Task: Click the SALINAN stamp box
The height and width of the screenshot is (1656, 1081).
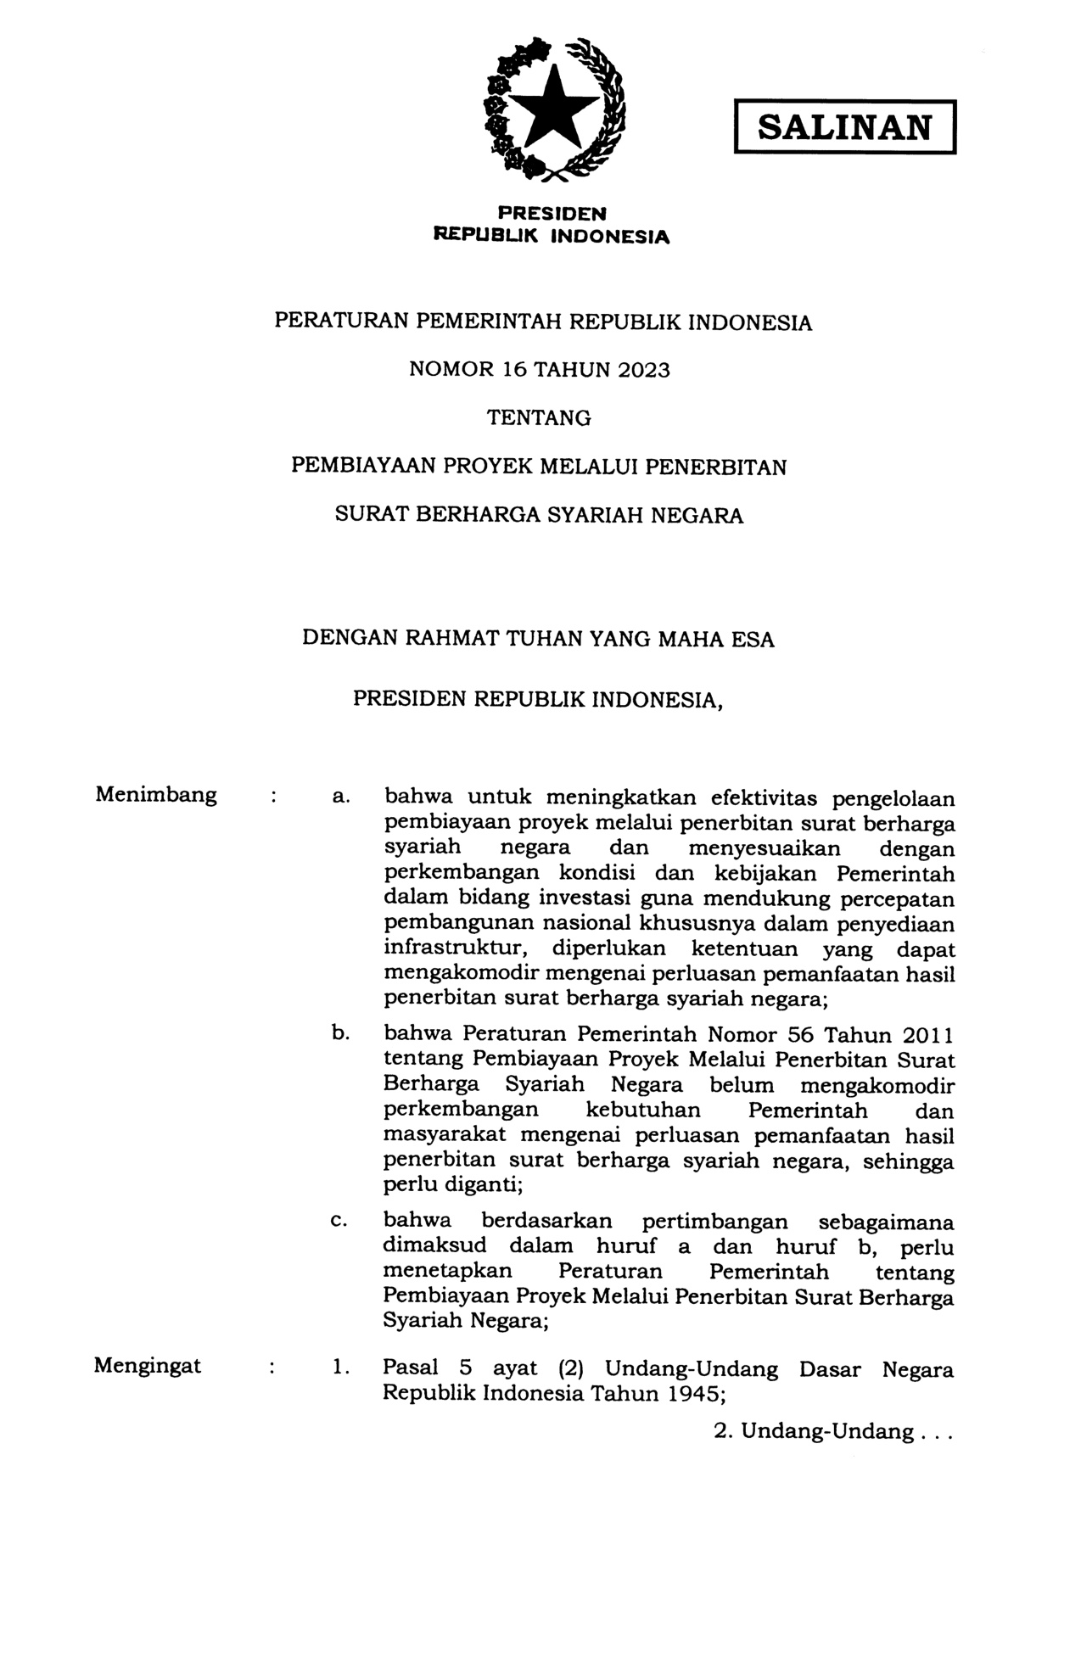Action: (x=844, y=127)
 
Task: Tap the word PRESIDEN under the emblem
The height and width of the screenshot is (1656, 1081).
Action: (x=552, y=214)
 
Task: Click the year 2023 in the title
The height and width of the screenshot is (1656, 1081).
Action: (x=643, y=370)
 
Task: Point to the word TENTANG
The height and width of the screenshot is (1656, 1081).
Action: (x=539, y=418)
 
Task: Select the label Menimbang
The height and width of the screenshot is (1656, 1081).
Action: (x=156, y=795)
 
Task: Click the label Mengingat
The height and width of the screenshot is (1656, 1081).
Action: (x=148, y=1366)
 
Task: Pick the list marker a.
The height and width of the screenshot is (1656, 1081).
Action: (x=340, y=797)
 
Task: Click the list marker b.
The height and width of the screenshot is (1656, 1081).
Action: (x=340, y=1034)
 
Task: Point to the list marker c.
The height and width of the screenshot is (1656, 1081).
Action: (x=339, y=1221)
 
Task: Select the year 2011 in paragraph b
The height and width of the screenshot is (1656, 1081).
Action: (x=927, y=1035)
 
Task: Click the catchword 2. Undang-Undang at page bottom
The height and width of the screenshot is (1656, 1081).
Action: (x=833, y=1432)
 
